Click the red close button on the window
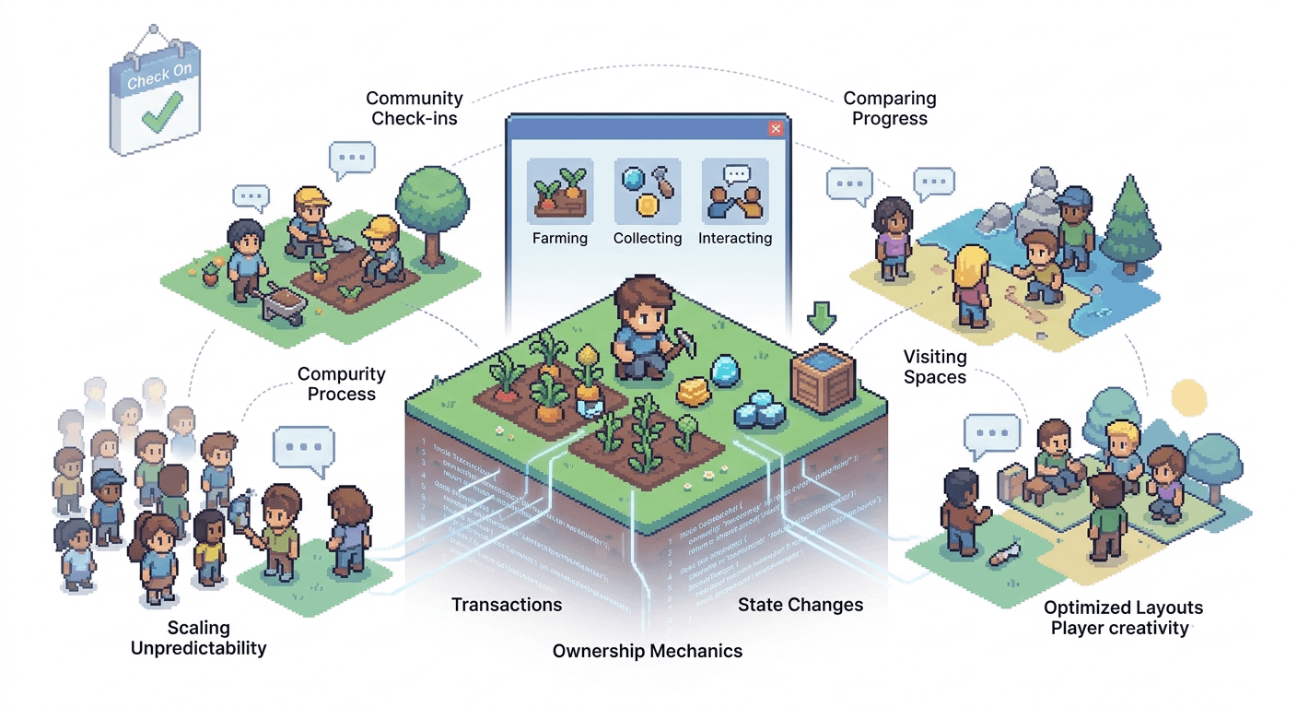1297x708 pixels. pos(776,129)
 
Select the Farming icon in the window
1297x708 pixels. pos(560,192)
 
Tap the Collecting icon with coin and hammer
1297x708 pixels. pos(647,192)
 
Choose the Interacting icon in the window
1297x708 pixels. pos(734,192)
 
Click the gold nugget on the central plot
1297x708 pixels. pos(693,392)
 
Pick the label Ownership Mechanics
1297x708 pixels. pos(647,651)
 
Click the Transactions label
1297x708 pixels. pos(506,605)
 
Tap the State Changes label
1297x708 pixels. pos(800,605)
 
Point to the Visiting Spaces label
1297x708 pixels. pos(935,367)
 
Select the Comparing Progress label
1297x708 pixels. pos(889,108)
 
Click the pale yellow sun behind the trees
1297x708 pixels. pos(1186,396)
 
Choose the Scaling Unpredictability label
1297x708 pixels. pos(198,638)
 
